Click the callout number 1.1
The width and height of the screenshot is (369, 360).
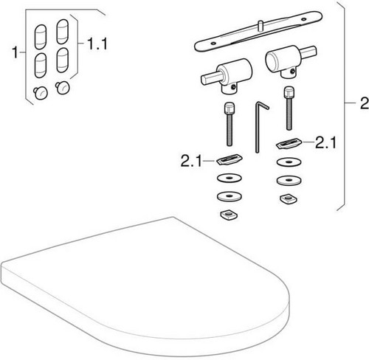click(97, 44)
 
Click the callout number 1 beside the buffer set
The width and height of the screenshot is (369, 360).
click(15, 52)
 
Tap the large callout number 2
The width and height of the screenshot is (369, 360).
click(365, 103)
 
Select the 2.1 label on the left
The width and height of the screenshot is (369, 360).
click(191, 161)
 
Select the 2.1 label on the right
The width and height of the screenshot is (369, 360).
click(325, 142)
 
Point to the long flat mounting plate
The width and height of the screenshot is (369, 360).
click(258, 31)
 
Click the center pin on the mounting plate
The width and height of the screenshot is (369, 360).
click(261, 26)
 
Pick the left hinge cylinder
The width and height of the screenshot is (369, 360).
click(227, 76)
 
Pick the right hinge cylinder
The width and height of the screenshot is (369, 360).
click(291, 61)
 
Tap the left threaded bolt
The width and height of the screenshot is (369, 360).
click(229, 125)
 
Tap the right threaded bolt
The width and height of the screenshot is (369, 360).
click(289, 108)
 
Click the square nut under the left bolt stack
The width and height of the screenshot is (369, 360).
click(229, 215)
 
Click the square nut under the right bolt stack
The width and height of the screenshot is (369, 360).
click(289, 199)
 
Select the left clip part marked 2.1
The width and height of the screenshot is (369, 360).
click(230, 159)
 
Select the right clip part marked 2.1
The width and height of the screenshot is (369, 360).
click(289, 144)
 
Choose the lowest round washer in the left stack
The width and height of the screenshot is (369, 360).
click(230, 196)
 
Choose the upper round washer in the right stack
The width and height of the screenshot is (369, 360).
click(289, 162)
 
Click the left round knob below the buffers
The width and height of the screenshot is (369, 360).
click(41, 93)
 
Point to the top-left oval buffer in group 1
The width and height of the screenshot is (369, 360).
click(41, 37)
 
